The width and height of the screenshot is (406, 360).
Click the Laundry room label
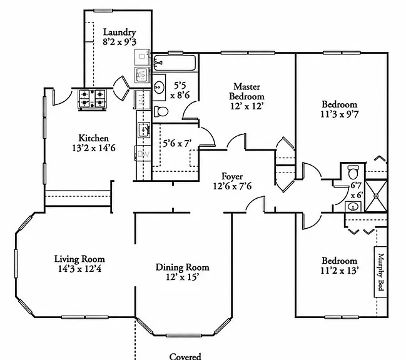(119, 32)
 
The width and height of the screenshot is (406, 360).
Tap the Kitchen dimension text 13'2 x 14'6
(94, 148)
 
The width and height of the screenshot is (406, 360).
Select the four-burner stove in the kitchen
(92, 99)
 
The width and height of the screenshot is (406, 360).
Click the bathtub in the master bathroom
(174, 62)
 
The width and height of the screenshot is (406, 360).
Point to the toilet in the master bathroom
(161, 111)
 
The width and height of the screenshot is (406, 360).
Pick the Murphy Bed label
(380, 272)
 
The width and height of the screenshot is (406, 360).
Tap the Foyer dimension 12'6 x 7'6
(232, 186)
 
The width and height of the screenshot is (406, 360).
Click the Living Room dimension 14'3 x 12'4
(79, 269)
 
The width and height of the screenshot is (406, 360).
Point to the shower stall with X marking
(376, 196)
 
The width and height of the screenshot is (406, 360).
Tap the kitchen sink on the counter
(144, 130)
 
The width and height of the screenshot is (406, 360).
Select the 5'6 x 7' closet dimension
(177, 143)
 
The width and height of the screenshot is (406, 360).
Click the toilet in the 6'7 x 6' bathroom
(353, 172)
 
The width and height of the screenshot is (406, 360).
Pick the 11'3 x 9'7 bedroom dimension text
(340, 114)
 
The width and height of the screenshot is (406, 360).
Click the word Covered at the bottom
(185, 356)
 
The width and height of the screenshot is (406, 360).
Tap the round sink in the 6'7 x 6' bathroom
(353, 206)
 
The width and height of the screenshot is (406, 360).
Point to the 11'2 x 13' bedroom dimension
(340, 271)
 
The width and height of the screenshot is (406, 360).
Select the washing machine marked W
(141, 75)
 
